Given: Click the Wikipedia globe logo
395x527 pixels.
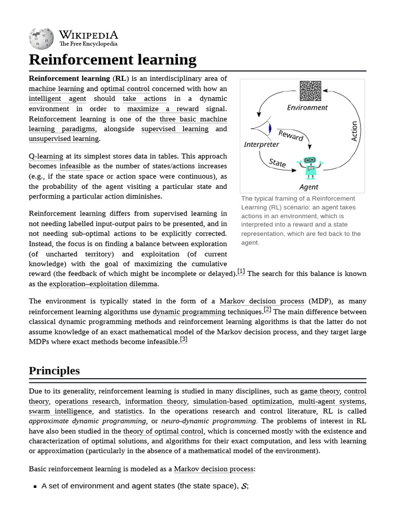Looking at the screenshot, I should click(x=42, y=38).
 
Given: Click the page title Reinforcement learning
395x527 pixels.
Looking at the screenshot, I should click(x=112, y=60).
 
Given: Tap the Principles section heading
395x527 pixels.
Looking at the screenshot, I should click(x=54, y=371).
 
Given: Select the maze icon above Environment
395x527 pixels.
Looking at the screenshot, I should click(x=310, y=92).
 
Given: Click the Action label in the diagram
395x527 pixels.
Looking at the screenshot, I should click(x=354, y=131).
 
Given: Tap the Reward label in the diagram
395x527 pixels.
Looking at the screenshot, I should click(x=291, y=135).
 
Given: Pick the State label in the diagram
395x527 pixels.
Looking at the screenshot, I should click(x=277, y=163).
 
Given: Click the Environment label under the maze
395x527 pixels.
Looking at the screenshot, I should click(x=307, y=108).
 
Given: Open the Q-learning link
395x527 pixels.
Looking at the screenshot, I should click(x=46, y=156).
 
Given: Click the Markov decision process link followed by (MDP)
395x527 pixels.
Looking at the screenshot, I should click(x=262, y=301).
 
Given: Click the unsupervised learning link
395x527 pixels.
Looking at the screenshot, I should click(x=64, y=139).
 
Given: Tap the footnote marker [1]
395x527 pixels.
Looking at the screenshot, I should click(x=241, y=272).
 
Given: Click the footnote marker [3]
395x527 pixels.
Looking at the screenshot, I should click(x=184, y=339).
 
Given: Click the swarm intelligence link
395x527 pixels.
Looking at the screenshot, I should click(x=60, y=411).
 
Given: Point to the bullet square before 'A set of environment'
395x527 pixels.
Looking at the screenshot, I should click(x=35, y=486).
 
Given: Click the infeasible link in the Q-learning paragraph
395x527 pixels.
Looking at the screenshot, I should click(x=75, y=166).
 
